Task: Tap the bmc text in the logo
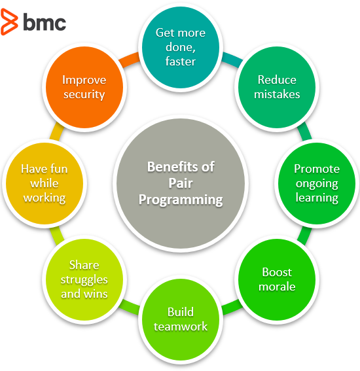(x=45, y=22)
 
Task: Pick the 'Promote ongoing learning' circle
(x=317, y=183)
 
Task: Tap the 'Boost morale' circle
(x=277, y=279)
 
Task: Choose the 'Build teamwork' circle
(x=180, y=319)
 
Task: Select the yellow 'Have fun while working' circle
(x=44, y=183)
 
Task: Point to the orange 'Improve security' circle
(x=83, y=87)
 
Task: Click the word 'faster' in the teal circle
(x=180, y=62)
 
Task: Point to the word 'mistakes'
(x=278, y=94)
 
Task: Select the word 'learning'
(x=317, y=197)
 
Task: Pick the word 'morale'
(x=277, y=287)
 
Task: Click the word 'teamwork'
(x=180, y=326)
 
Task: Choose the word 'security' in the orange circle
(x=83, y=94)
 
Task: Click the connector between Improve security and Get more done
(x=129, y=58)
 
